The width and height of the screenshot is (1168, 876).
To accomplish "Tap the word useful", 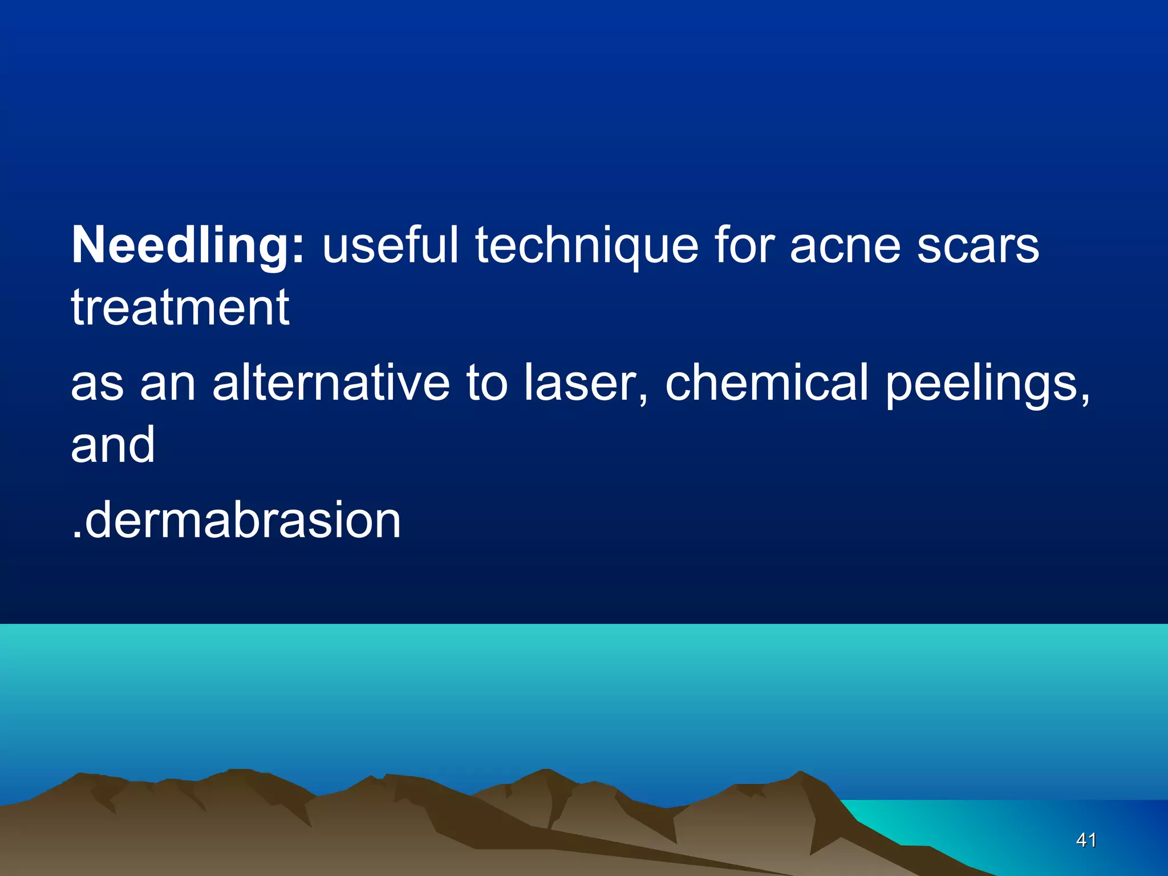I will click(390, 245).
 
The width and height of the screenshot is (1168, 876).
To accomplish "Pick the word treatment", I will click(180, 308).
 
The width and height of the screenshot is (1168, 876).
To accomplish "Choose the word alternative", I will click(331, 382).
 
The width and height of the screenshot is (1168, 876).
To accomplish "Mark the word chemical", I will click(766, 382).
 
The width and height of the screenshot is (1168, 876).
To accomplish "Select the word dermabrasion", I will click(243, 520).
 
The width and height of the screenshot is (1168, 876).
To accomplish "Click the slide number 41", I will click(1086, 840).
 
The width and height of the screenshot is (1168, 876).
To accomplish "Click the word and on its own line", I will click(113, 445).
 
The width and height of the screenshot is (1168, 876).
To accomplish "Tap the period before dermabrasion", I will click(76, 535).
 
